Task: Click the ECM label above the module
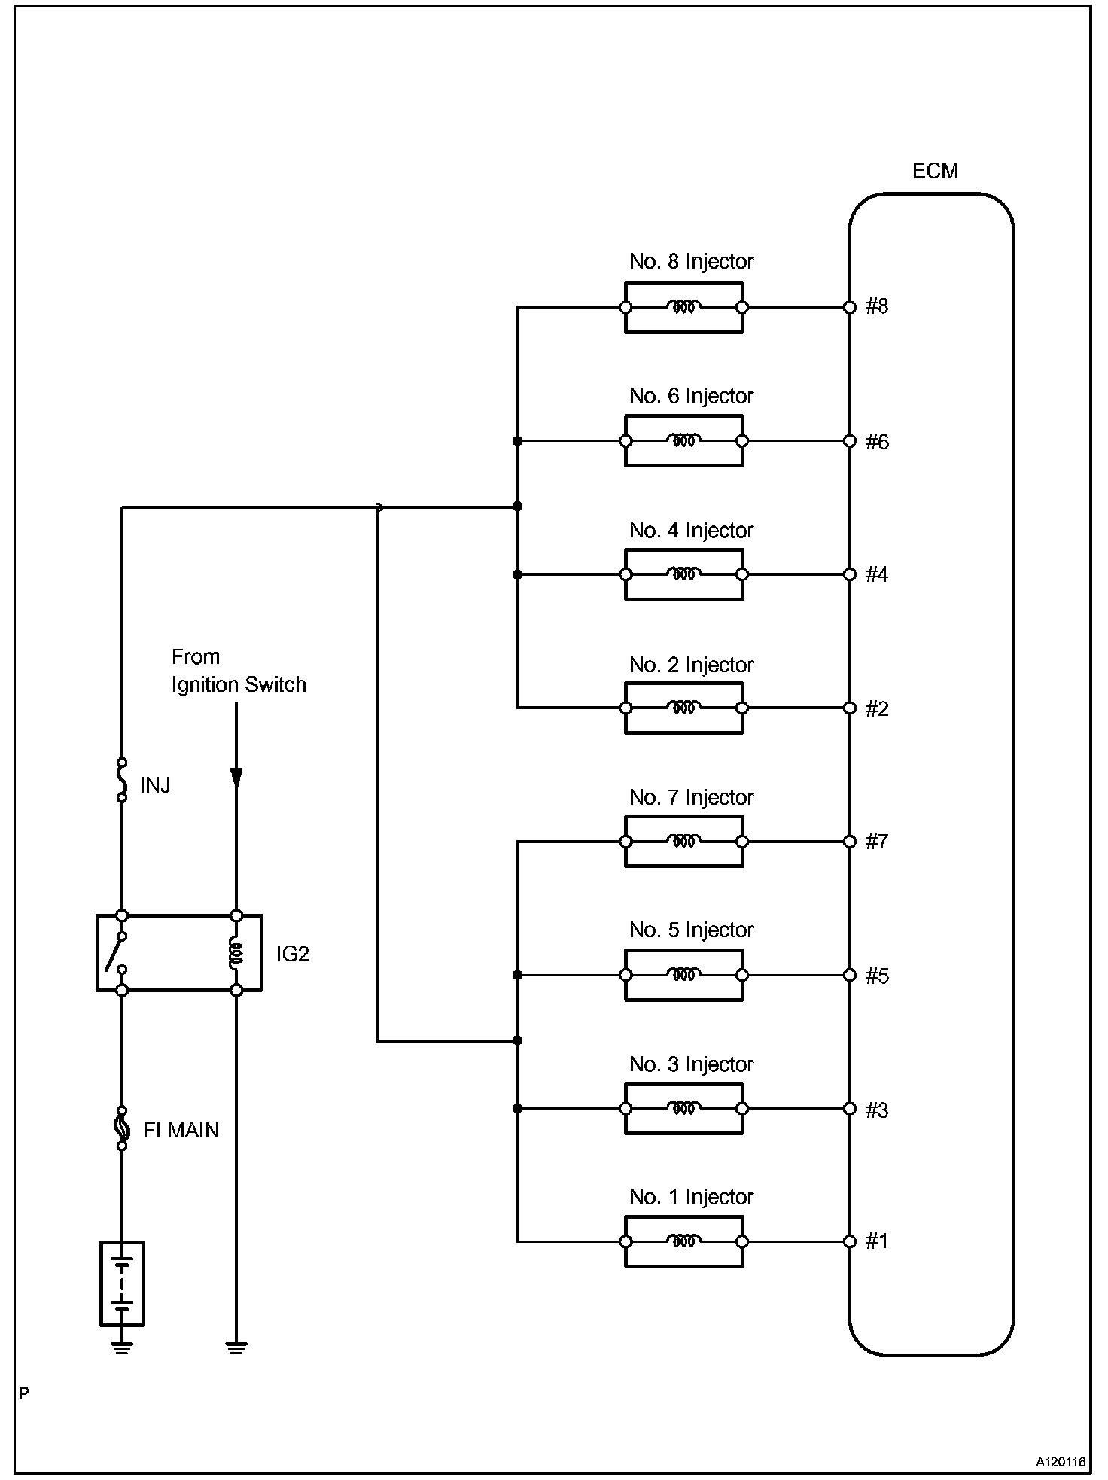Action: click(x=935, y=172)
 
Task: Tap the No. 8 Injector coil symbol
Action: click(x=683, y=307)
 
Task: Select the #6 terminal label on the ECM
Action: click(x=877, y=442)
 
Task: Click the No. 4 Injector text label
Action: click(x=691, y=531)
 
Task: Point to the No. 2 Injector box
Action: click(x=683, y=708)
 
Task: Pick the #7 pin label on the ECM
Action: click(x=877, y=842)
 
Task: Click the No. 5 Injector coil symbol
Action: click(x=683, y=975)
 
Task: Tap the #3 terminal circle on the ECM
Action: click(x=850, y=1108)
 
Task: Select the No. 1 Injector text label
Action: click(x=691, y=1198)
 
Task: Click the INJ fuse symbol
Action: click(x=122, y=780)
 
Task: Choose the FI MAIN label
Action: click(x=181, y=1131)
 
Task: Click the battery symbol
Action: click(x=122, y=1284)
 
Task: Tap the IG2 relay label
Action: click(x=292, y=955)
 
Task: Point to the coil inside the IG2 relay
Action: click(x=236, y=953)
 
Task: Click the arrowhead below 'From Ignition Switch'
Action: click(x=236, y=777)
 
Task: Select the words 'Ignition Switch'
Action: click(x=239, y=685)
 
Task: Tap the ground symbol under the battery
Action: click(x=122, y=1348)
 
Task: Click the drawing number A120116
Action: click(x=1060, y=1462)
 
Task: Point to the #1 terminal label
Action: click(x=877, y=1241)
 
